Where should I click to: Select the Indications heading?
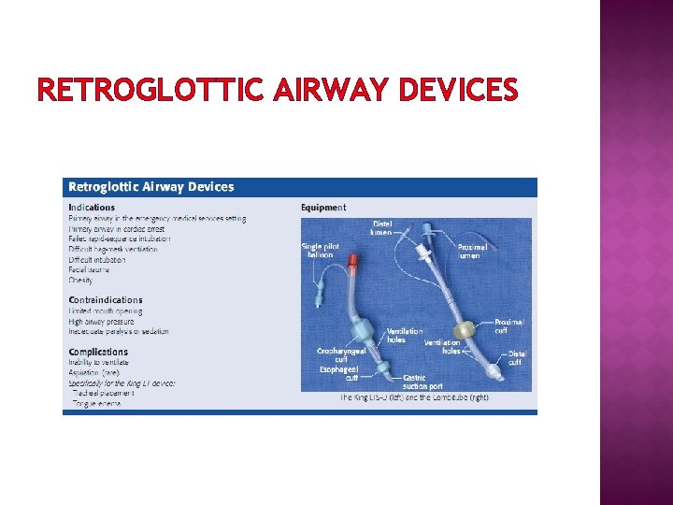pyautogui.click(x=92, y=207)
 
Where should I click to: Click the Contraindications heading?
pyautogui.click(x=106, y=299)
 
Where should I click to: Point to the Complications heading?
pyautogui.click(x=98, y=352)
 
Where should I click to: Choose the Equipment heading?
pyautogui.click(x=323, y=207)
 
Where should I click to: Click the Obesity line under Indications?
pyautogui.click(x=81, y=280)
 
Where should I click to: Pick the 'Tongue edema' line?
pyautogui.click(x=96, y=404)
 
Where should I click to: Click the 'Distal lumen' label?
pyautogui.click(x=382, y=227)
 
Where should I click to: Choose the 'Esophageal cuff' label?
pyautogui.click(x=338, y=373)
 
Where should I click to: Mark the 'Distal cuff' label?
pyautogui.click(x=517, y=358)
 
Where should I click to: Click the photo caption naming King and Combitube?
pyautogui.click(x=415, y=397)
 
